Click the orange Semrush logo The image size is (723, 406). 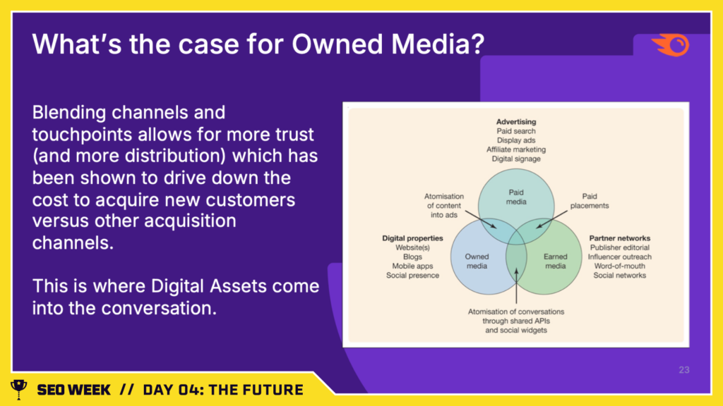coord(671,45)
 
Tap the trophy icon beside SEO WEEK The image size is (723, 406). coord(19,389)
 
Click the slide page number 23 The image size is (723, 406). coord(683,370)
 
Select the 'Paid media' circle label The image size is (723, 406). coord(516,197)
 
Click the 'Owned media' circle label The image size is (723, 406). coord(477,262)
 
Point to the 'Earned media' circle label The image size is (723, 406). coord(555,262)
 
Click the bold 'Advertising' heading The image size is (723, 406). coord(516,122)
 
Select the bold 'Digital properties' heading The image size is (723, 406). coord(412,238)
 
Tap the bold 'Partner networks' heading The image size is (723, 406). coord(620,238)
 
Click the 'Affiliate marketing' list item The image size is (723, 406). coord(516,149)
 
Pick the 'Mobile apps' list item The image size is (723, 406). coord(412,266)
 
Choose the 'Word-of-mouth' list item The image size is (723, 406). coord(620,266)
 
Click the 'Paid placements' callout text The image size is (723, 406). coord(590,201)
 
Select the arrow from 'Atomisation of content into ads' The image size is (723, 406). coord(480,220)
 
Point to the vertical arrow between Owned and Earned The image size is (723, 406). coord(516,286)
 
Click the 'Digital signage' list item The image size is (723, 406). coord(516,159)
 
